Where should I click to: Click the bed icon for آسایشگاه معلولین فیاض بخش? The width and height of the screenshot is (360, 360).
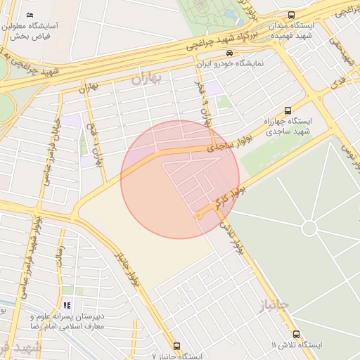(30, 15)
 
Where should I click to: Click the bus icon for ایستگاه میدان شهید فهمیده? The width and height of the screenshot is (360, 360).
(292, 15)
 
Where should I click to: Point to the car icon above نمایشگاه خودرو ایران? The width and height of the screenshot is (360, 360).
(229, 53)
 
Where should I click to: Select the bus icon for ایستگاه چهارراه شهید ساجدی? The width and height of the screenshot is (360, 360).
(288, 110)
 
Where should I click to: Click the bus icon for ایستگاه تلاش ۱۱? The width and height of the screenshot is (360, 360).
(296, 335)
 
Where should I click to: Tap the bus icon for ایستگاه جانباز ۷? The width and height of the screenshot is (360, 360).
(176, 346)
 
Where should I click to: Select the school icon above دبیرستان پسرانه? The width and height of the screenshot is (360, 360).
(67, 305)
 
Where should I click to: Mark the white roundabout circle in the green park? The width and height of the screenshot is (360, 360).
(309, 229)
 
